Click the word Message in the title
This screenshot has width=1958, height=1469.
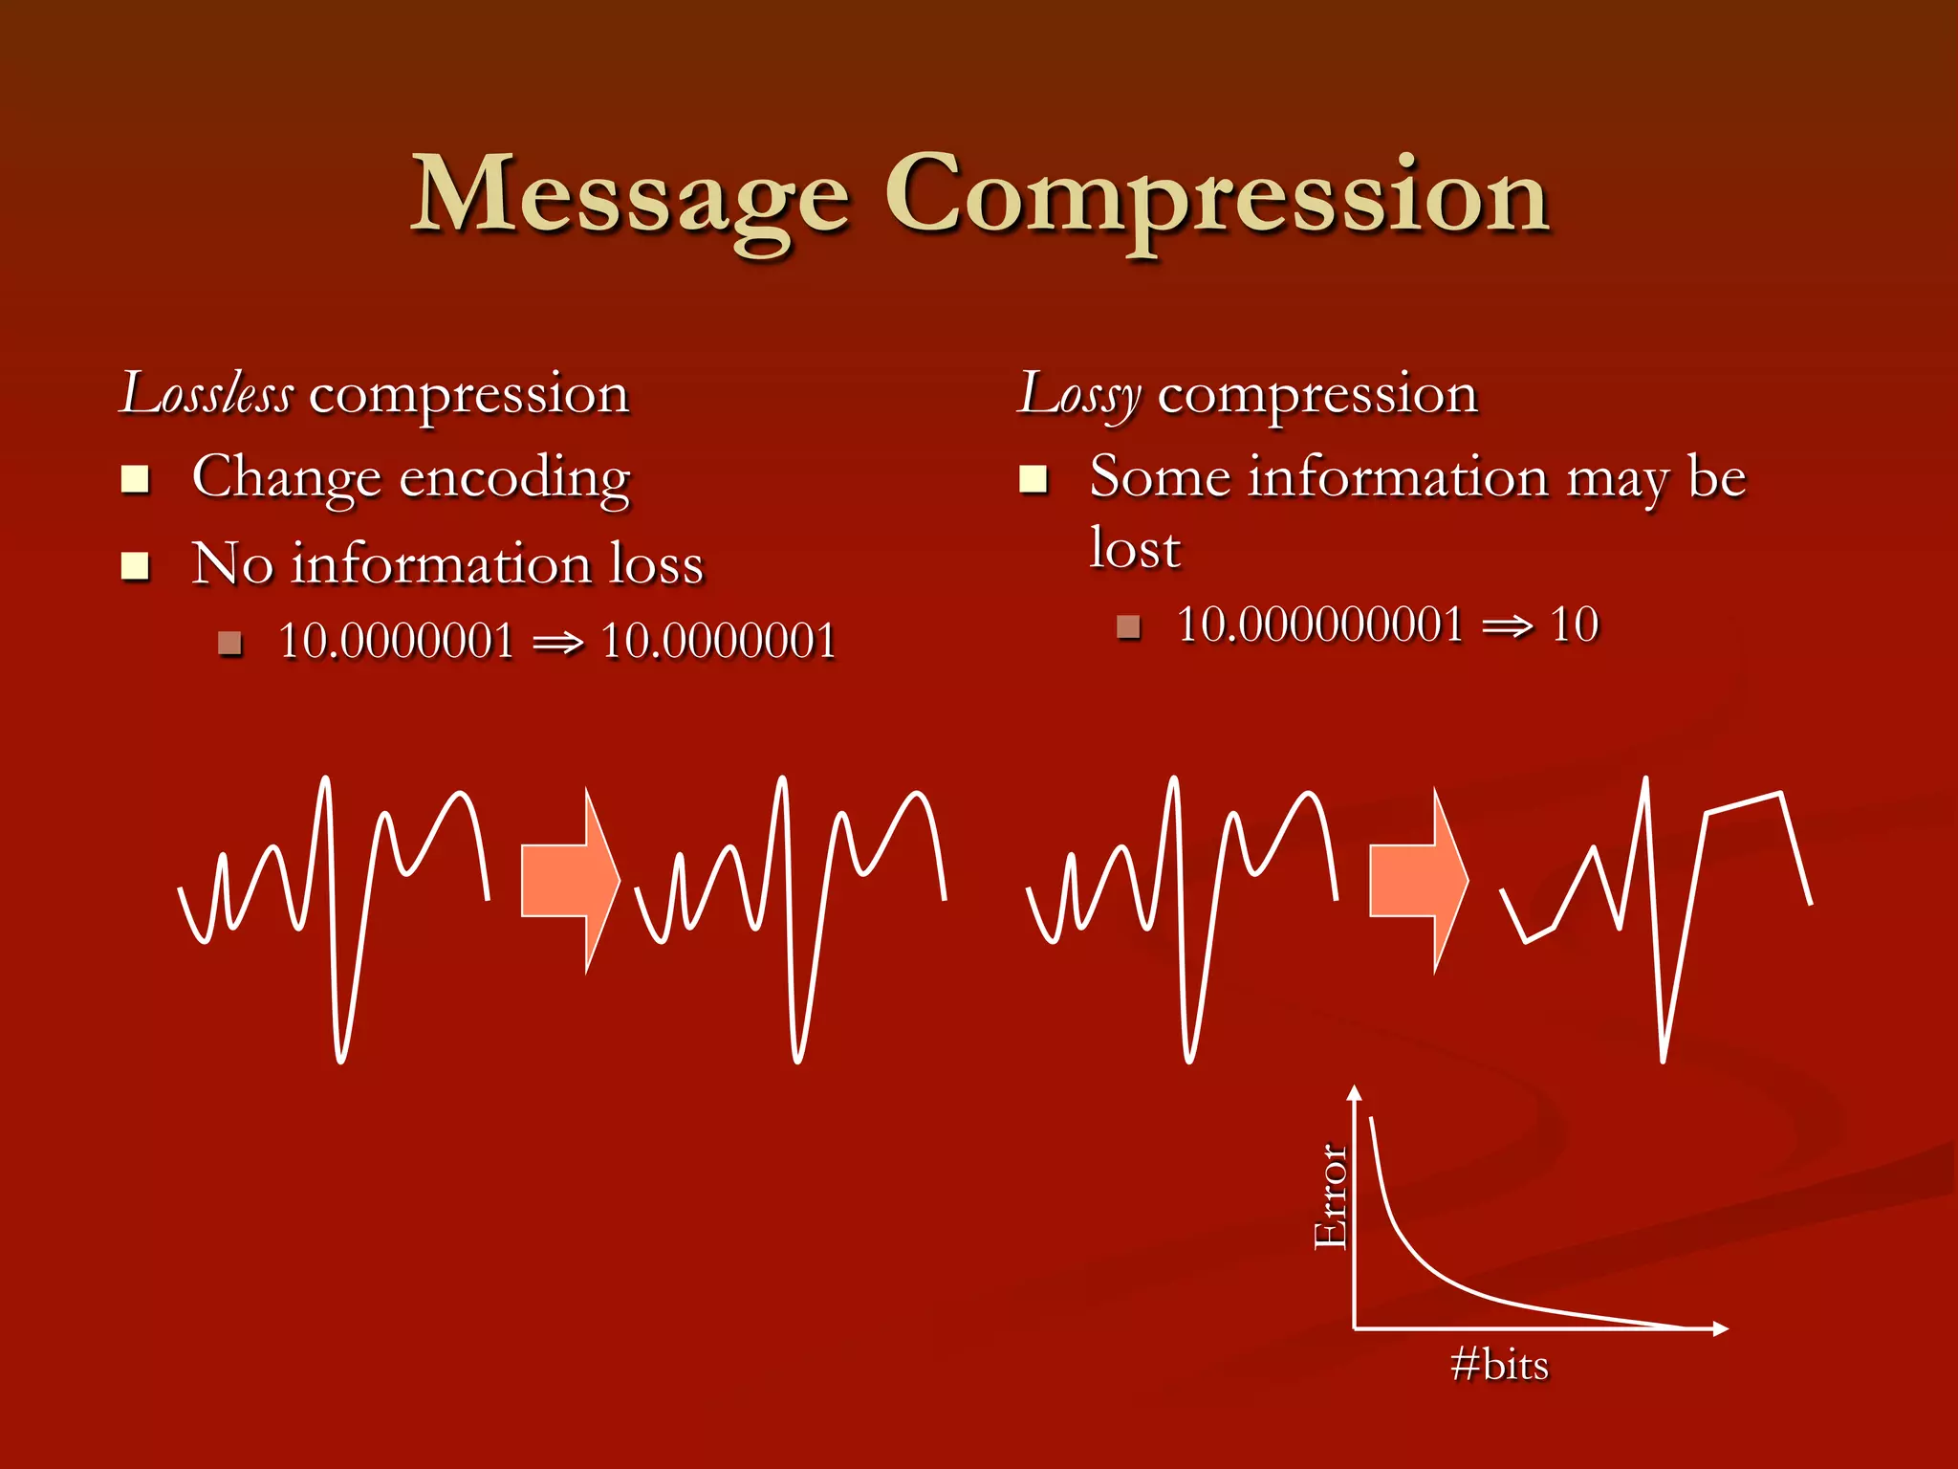tap(630, 196)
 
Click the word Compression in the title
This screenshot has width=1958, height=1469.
tap(1216, 196)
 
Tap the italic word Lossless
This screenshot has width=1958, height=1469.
tap(207, 394)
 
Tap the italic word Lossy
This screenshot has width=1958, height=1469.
tap(1079, 394)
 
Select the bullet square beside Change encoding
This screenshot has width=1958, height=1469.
tap(136, 478)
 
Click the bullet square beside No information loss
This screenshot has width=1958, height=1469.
tap(136, 566)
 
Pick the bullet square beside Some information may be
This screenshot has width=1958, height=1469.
tap(1033, 478)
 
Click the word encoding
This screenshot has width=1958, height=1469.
tap(514, 478)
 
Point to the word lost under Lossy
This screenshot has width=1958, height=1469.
tap(1135, 549)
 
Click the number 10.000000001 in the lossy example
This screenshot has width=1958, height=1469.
tap(1319, 625)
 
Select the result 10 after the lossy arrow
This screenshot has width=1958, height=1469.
tap(1574, 625)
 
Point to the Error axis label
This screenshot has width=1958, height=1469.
tap(1330, 1195)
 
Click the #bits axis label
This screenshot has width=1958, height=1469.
tap(1499, 1365)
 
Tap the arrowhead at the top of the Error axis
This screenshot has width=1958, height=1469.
tap(1354, 1093)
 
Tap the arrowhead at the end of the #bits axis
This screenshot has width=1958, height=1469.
tap(1720, 1328)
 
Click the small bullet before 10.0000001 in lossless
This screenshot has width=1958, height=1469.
tap(229, 643)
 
